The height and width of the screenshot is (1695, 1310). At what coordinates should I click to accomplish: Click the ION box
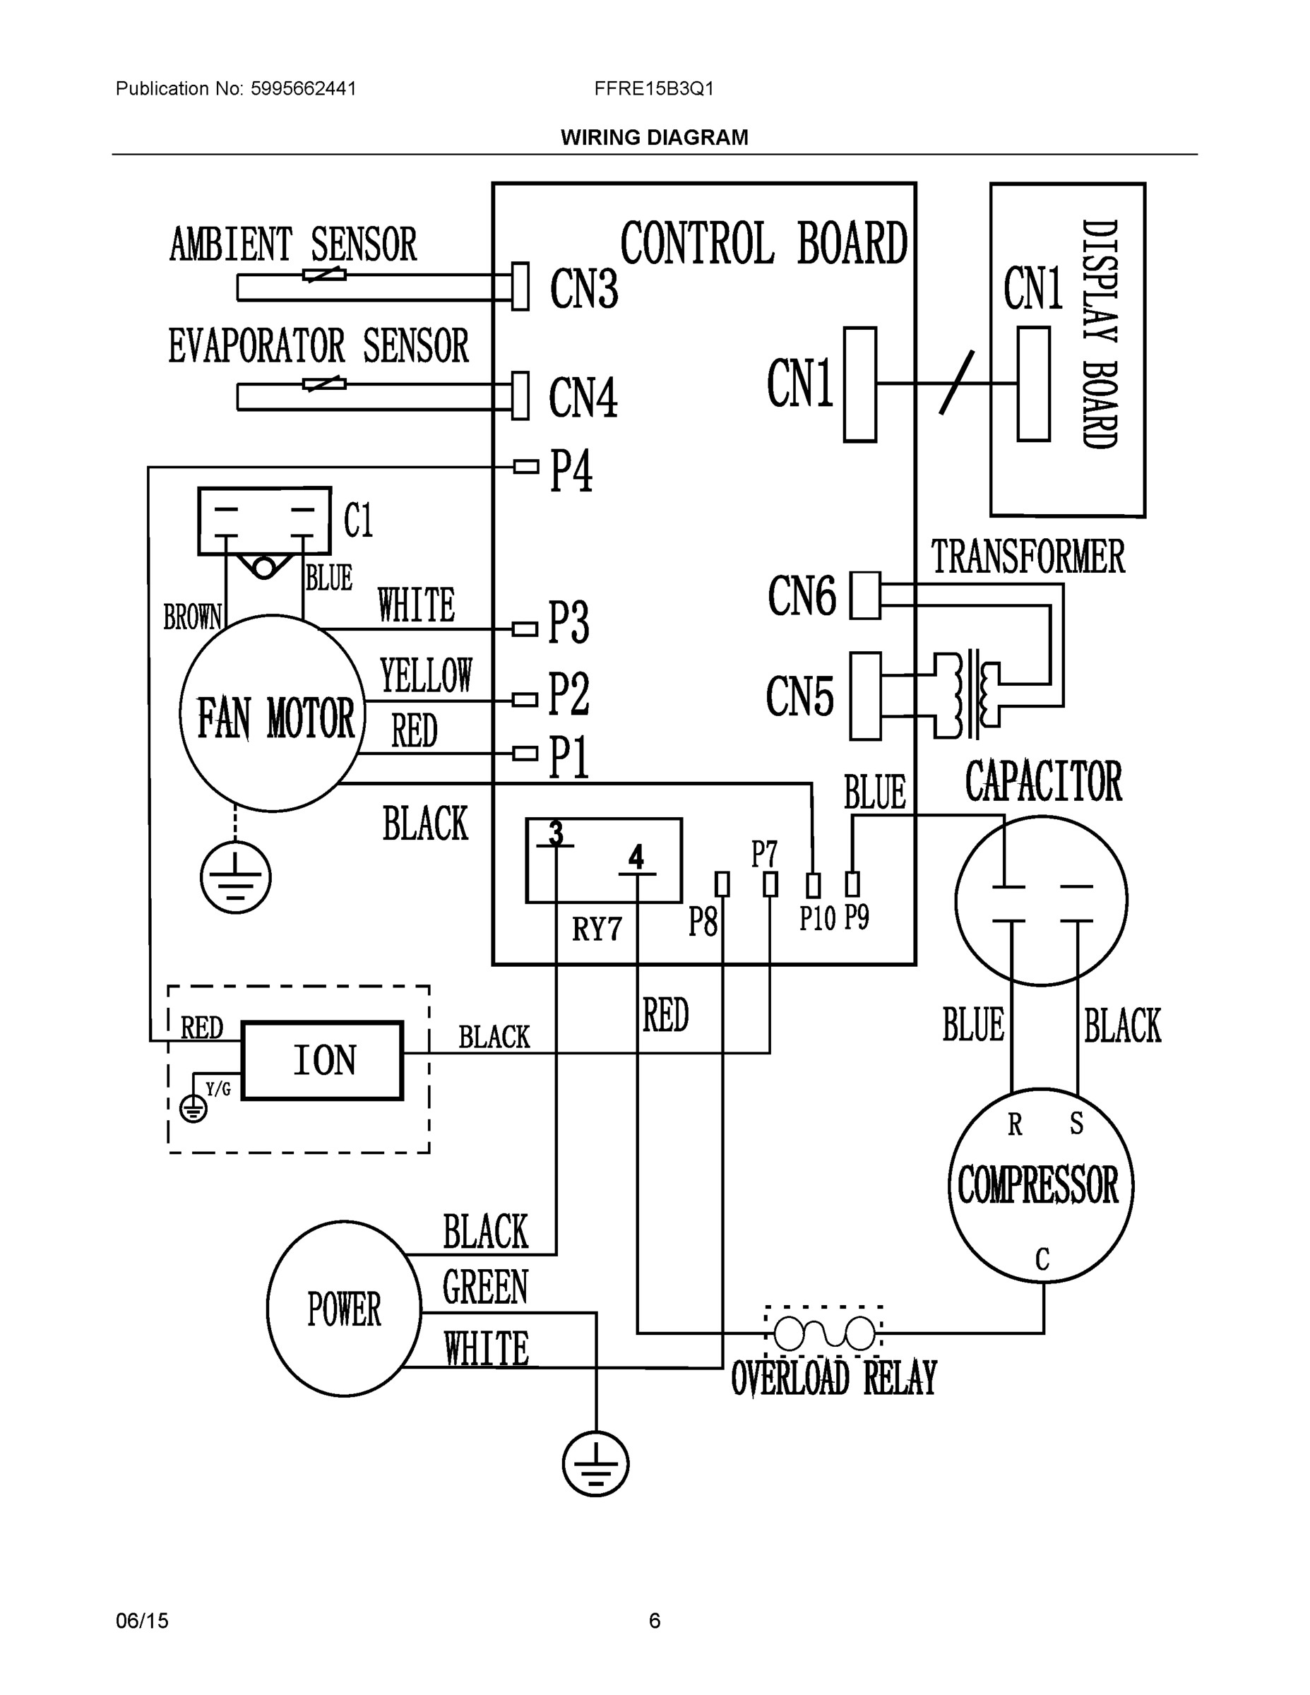pos(322,1060)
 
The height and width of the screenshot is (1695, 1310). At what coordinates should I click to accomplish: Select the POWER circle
pos(344,1309)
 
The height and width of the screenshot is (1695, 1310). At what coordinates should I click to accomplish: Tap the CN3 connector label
pos(583,289)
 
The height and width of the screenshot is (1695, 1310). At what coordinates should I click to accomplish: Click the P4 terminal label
pos(571,470)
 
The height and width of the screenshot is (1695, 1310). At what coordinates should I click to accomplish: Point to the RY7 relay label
pos(597,929)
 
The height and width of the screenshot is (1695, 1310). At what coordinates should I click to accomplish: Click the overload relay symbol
pos(824,1333)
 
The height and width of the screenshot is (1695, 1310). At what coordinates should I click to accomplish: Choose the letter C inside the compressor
pos(1042,1259)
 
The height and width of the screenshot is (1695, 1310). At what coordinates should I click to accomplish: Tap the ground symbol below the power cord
pos(595,1464)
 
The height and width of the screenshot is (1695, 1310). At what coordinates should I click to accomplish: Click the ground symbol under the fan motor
pos(236,878)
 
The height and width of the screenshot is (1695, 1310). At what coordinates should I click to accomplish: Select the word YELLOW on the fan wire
pos(426,675)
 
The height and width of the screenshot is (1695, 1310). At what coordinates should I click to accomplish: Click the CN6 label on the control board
pos(802,596)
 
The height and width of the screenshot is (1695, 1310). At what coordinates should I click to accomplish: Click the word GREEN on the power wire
pos(485,1287)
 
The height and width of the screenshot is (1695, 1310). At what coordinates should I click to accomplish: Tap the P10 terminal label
pos(817,919)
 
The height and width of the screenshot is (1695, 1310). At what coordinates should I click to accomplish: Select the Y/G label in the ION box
pos(218,1089)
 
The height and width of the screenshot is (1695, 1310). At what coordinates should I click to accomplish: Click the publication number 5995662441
pos(303,88)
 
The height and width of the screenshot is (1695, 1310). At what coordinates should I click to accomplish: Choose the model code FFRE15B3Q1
pos(653,88)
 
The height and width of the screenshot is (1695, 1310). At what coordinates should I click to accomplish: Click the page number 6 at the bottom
pos(654,1621)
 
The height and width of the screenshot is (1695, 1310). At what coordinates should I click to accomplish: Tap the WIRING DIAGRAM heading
pos(654,138)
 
